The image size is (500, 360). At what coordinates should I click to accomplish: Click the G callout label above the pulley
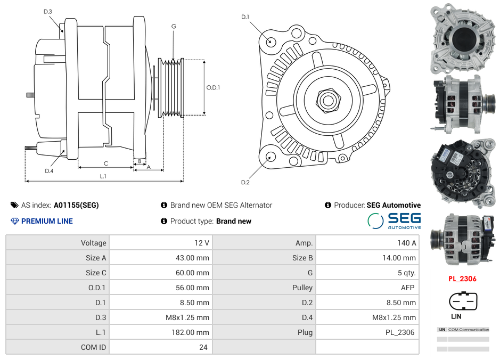(174, 26)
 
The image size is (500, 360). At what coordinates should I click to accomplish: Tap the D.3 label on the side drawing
(48, 11)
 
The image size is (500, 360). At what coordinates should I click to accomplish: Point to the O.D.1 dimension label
(213, 87)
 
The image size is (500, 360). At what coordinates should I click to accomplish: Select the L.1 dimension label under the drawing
(103, 176)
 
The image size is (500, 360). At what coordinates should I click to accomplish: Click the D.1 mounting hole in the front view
(271, 41)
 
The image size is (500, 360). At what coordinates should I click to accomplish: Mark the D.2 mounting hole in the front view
(271, 156)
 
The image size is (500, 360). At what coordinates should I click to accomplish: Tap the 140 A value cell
(406, 243)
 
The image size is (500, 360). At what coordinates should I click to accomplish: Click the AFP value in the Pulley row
(407, 288)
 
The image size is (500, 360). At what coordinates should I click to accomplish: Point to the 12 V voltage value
(202, 243)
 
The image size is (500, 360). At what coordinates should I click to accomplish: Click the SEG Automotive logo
(394, 220)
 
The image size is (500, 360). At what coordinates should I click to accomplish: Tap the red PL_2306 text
(462, 279)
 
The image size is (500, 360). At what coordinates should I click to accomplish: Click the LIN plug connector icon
(463, 301)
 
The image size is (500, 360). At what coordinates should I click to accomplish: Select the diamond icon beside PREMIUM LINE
(14, 221)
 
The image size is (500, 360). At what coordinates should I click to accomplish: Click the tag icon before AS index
(14, 205)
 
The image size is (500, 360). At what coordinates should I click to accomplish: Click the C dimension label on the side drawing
(106, 163)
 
